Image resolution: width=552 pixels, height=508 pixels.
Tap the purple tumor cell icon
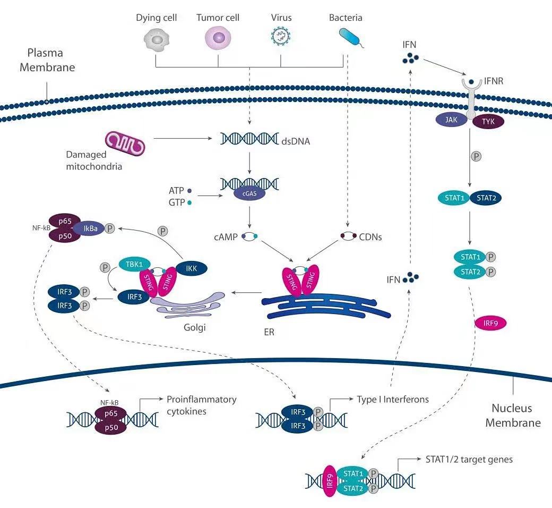click(x=218, y=39)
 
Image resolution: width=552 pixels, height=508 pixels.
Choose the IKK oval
click(x=192, y=268)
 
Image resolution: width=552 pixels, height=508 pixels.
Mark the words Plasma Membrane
click(x=45, y=60)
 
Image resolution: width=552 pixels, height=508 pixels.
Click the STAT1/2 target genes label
click(x=469, y=459)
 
